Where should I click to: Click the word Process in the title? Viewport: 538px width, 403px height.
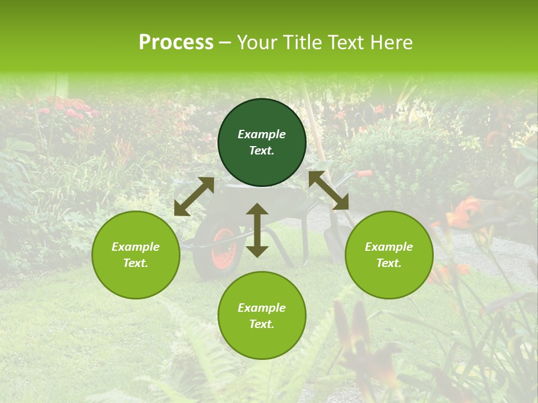176,43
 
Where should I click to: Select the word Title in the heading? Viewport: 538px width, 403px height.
303,43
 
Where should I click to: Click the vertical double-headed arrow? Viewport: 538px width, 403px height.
257,231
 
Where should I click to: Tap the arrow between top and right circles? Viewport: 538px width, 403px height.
329,190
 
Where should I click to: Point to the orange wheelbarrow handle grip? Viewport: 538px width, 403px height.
364,174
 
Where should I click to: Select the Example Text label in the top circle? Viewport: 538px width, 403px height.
262,142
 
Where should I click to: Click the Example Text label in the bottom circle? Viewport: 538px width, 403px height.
262,316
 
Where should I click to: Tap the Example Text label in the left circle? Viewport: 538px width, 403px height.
136,255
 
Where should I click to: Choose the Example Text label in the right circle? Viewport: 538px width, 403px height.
389,255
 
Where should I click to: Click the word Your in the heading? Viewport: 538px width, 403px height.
258,43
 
